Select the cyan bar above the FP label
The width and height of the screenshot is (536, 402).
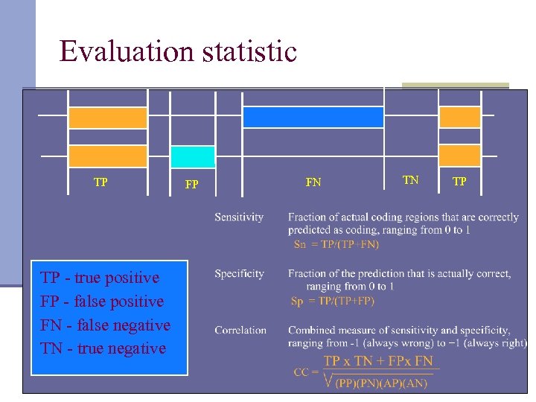point(193,156)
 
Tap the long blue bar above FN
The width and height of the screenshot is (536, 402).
point(313,117)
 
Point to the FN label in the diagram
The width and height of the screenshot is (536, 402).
point(313,182)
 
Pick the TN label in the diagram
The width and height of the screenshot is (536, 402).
point(411,179)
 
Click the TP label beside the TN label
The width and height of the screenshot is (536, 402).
point(460,181)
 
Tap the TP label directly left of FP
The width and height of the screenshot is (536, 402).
point(100,181)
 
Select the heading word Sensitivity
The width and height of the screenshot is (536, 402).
point(239,217)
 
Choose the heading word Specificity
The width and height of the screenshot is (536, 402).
point(239,274)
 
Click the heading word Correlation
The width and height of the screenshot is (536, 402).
point(240,330)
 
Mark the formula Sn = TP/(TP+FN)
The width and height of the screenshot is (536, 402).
point(336,244)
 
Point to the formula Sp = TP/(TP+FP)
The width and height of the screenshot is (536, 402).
point(333,301)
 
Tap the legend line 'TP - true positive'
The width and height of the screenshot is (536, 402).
point(100,278)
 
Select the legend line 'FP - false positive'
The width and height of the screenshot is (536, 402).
point(102,301)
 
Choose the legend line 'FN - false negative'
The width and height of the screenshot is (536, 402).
point(105,325)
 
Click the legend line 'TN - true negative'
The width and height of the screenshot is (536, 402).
point(103,348)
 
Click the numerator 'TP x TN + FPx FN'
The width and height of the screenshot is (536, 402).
point(378,361)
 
